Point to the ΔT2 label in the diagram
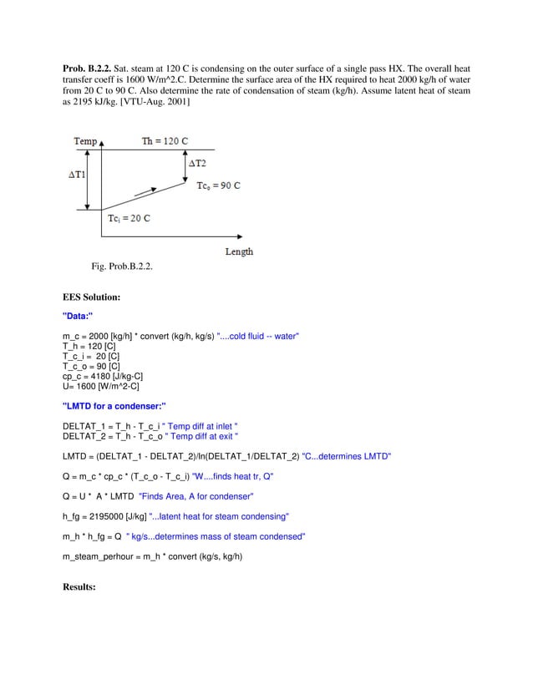click(197, 164)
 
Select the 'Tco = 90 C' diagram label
click(218, 186)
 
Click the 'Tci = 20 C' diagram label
click(129, 219)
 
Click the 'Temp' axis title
click(85, 141)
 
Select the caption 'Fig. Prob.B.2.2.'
click(122, 266)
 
